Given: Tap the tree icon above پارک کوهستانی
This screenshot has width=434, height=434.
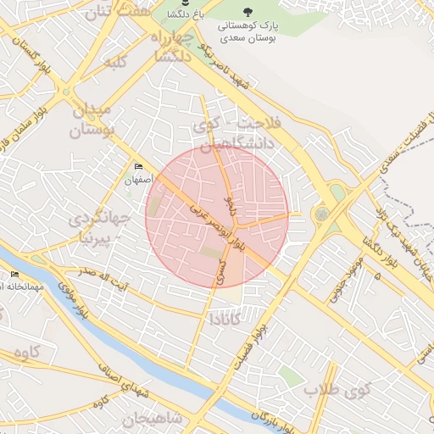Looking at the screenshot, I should point(247,12).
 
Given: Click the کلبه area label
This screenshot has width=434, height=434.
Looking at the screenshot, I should point(114,64).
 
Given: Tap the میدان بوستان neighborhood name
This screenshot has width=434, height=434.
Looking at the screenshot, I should point(92,121).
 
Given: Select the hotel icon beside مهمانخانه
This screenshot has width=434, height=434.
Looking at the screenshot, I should point(14,274).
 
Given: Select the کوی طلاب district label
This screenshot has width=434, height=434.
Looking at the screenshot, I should point(339,391).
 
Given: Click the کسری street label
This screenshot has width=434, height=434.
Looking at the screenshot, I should point(220,272).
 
